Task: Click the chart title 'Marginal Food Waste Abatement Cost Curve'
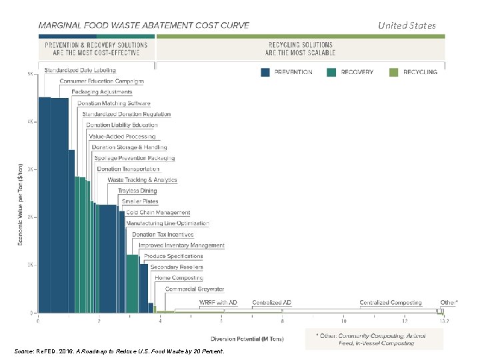click(x=144, y=25)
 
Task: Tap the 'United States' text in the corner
click(x=407, y=25)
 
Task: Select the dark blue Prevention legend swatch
click(x=265, y=72)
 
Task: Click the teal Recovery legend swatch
click(x=331, y=72)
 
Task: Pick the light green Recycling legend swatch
click(x=393, y=72)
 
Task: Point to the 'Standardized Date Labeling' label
click(x=80, y=70)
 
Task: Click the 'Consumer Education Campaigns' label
click(x=101, y=81)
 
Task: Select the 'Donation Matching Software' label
click(x=113, y=103)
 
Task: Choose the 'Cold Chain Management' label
click(x=158, y=213)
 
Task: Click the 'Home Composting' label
click(x=179, y=278)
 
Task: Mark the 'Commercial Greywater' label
click(x=195, y=289)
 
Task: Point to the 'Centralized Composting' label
click(x=391, y=303)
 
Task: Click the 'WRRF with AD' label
click(x=218, y=303)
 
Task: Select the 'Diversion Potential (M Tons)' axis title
click(x=247, y=339)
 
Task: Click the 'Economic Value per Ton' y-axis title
click(x=20, y=203)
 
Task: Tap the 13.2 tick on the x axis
click(x=444, y=321)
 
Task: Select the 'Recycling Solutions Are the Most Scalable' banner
click(x=300, y=49)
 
